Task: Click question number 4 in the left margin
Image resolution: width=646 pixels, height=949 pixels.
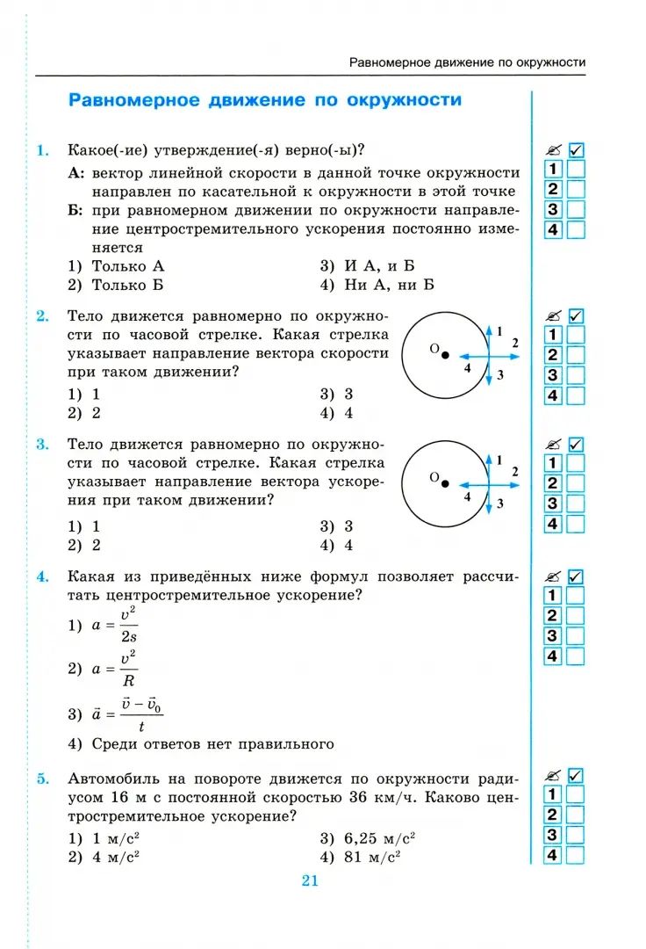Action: coord(41,576)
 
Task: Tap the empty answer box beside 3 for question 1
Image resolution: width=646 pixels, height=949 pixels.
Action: coord(577,210)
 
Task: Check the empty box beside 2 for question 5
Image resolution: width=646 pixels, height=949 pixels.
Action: coord(577,815)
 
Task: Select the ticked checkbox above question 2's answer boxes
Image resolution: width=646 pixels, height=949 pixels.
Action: coord(577,315)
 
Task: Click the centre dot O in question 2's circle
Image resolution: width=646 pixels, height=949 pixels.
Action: coord(445,355)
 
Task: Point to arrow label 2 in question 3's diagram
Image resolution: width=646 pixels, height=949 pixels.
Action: coord(515,471)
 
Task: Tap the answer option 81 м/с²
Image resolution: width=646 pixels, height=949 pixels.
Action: coord(369,857)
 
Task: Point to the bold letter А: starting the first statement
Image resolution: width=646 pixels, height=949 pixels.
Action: coord(76,173)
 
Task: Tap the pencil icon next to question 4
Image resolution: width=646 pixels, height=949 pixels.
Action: coord(552,577)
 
